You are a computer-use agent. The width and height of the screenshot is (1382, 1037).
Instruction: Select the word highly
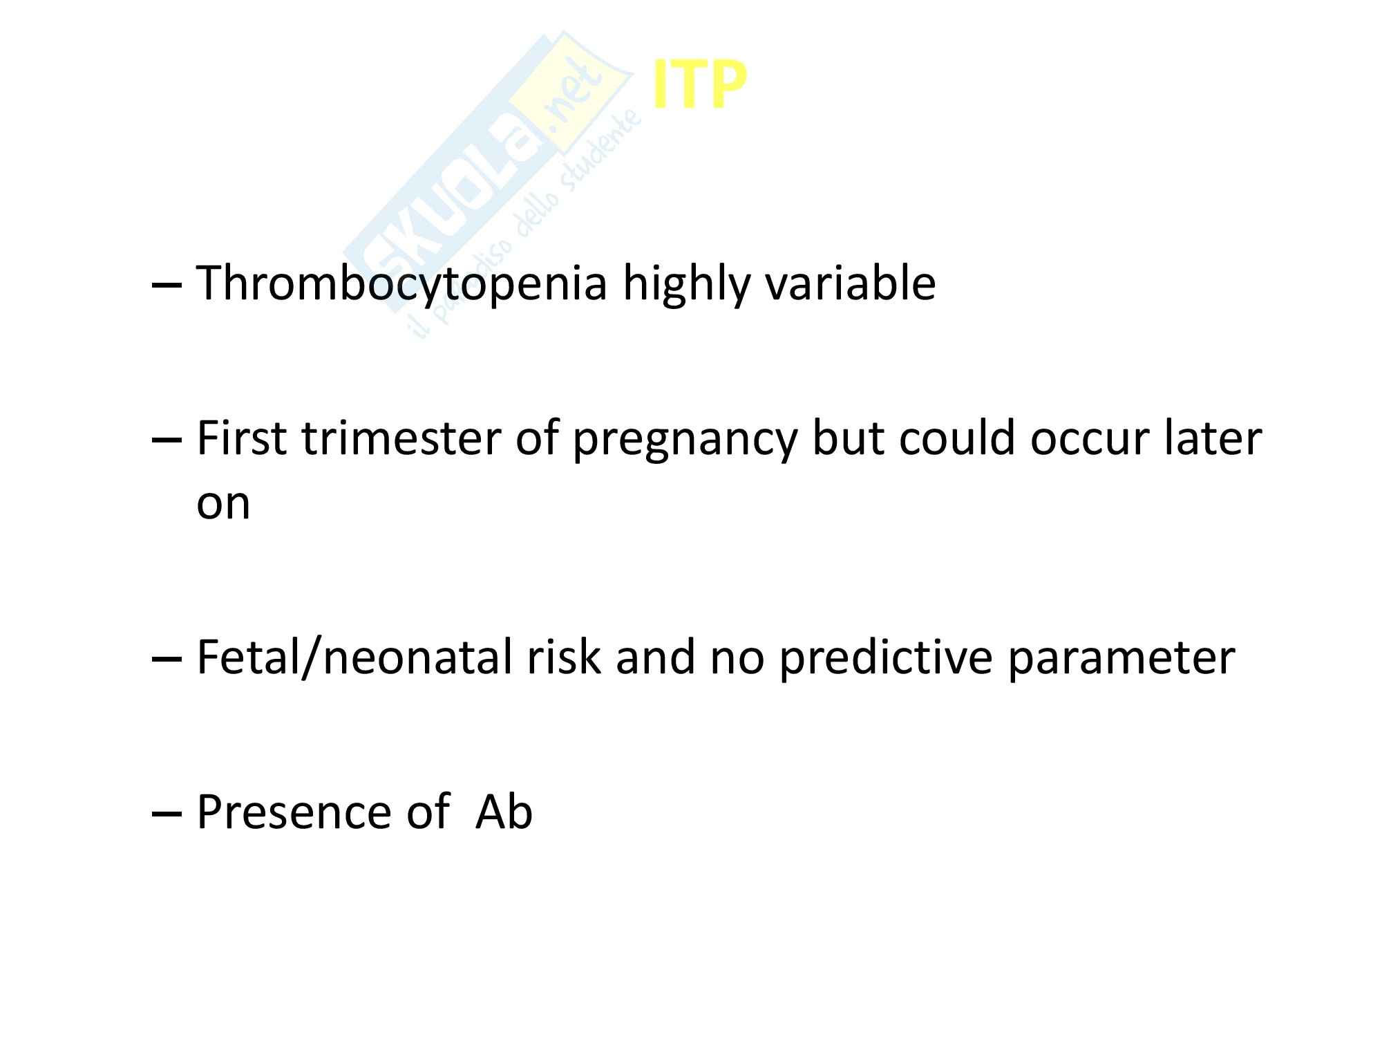685,283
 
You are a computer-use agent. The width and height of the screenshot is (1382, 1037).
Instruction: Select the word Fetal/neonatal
354,657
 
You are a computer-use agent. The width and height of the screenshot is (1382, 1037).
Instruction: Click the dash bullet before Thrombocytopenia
167,286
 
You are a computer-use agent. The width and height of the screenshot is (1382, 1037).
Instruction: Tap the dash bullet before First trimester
167,442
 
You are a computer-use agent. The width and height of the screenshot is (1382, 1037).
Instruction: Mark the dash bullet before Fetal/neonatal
167,660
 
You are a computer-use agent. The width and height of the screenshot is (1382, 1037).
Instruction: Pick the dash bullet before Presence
167,814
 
